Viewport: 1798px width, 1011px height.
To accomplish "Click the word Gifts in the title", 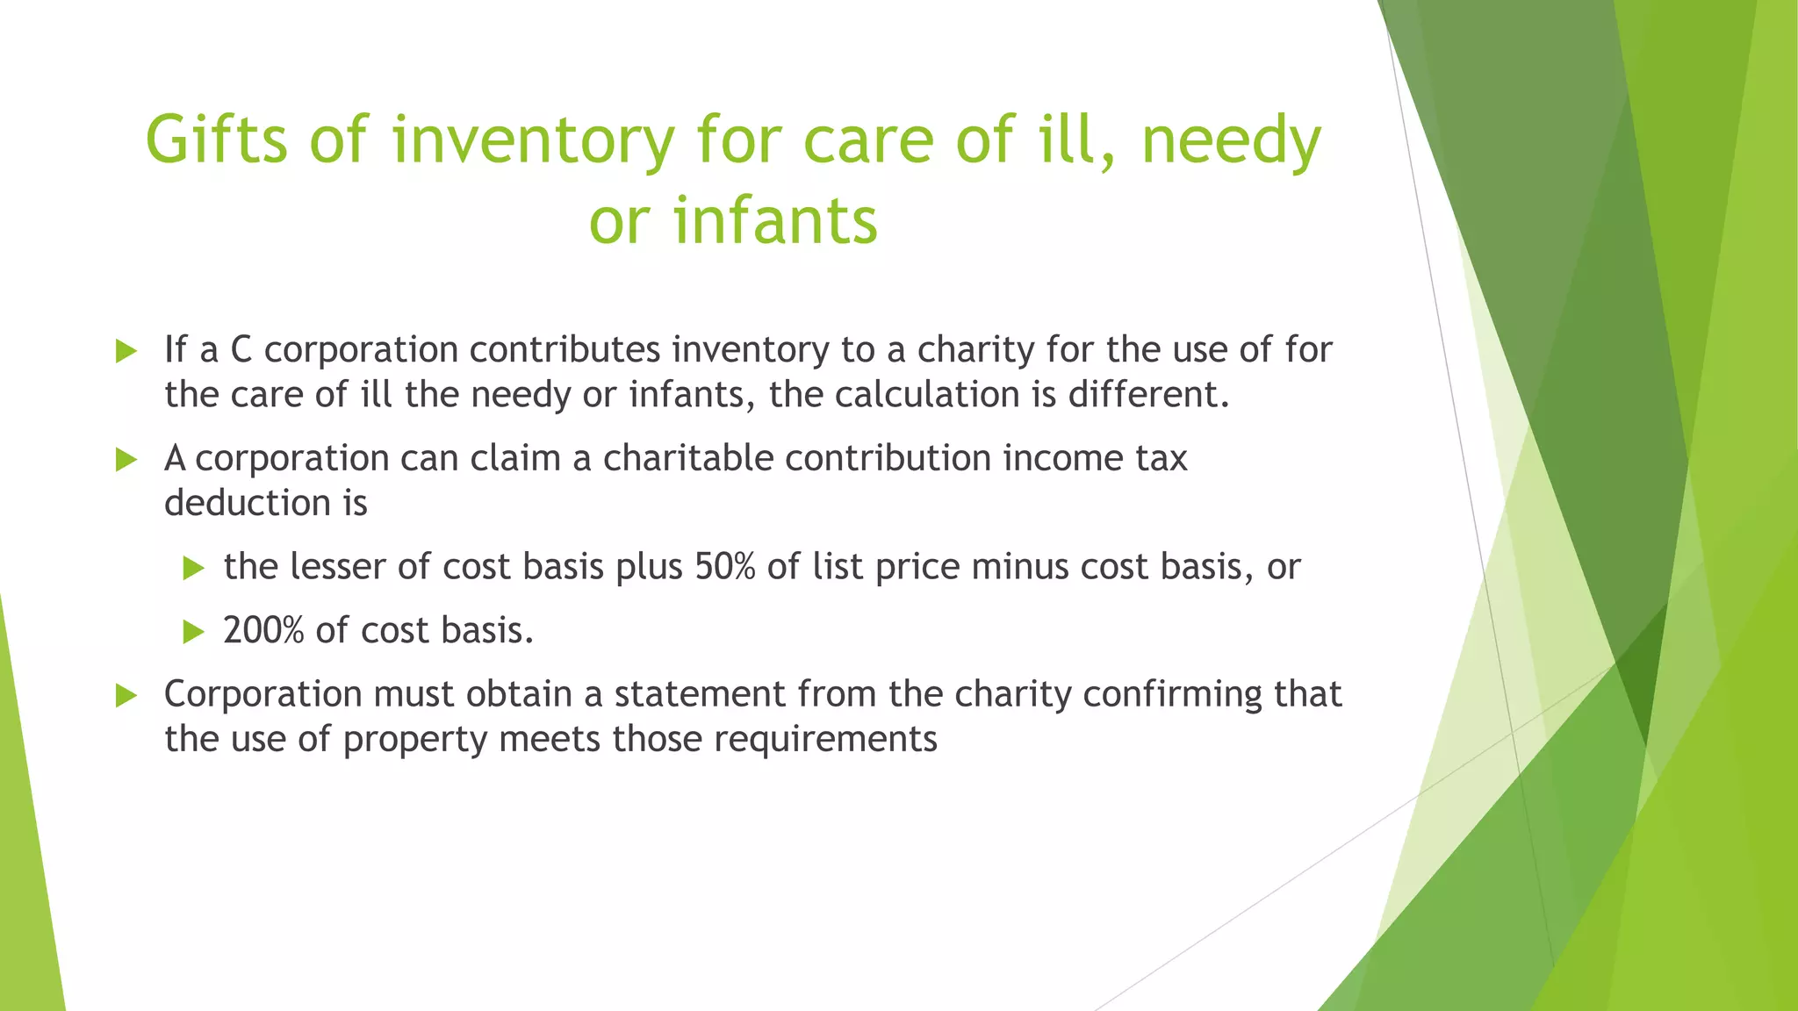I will (216, 140).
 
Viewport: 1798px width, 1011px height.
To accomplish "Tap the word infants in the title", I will (775, 220).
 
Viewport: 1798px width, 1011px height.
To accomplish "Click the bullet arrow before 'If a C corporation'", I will (126, 352).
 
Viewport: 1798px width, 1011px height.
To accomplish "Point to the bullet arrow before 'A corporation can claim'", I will (126, 460).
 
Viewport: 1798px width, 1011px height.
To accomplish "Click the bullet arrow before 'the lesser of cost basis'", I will (193, 568).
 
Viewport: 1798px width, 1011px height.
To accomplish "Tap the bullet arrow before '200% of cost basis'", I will (193, 632).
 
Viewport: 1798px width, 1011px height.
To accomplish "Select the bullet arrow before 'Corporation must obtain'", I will (126, 696).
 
